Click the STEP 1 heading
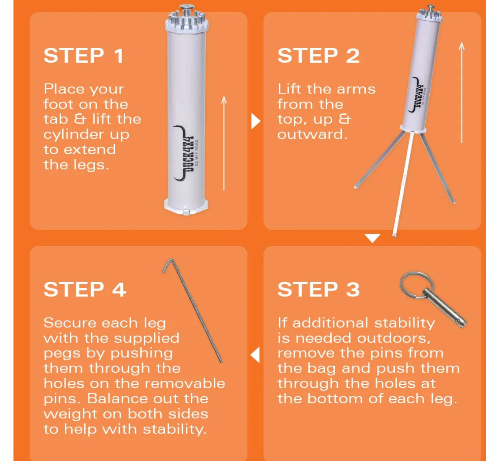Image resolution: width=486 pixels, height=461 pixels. point(84,56)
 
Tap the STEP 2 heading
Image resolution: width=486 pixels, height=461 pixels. point(318,56)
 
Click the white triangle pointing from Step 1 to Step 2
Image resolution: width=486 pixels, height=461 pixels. point(255,121)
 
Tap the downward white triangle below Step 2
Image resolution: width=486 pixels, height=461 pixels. point(372,238)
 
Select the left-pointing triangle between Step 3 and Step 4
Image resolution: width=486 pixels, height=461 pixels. point(255,355)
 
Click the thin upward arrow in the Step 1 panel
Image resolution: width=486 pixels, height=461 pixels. point(224,143)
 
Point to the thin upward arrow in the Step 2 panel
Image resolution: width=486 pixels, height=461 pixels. point(461,92)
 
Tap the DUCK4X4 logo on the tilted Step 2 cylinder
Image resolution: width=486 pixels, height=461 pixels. point(416,95)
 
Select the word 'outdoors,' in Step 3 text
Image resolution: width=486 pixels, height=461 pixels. point(394,338)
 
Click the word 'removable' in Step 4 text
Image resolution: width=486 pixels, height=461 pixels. point(185,383)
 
